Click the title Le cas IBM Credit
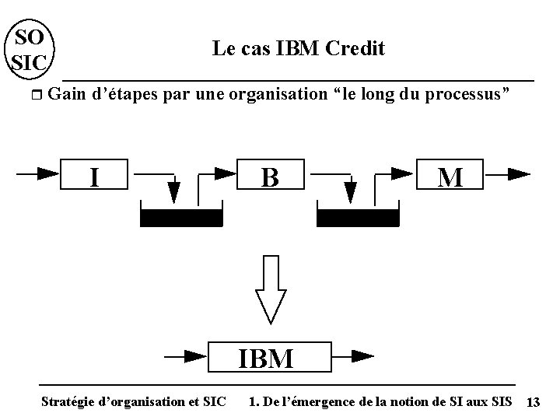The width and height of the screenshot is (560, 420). (x=298, y=49)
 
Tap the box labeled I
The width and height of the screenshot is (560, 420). (x=94, y=177)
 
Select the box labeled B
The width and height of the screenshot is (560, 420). (x=270, y=177)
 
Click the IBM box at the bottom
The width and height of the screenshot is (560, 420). (x=266, y=359)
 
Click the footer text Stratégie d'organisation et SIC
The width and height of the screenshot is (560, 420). (x=133, y=402)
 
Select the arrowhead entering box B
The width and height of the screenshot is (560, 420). (x=225, y=173)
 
